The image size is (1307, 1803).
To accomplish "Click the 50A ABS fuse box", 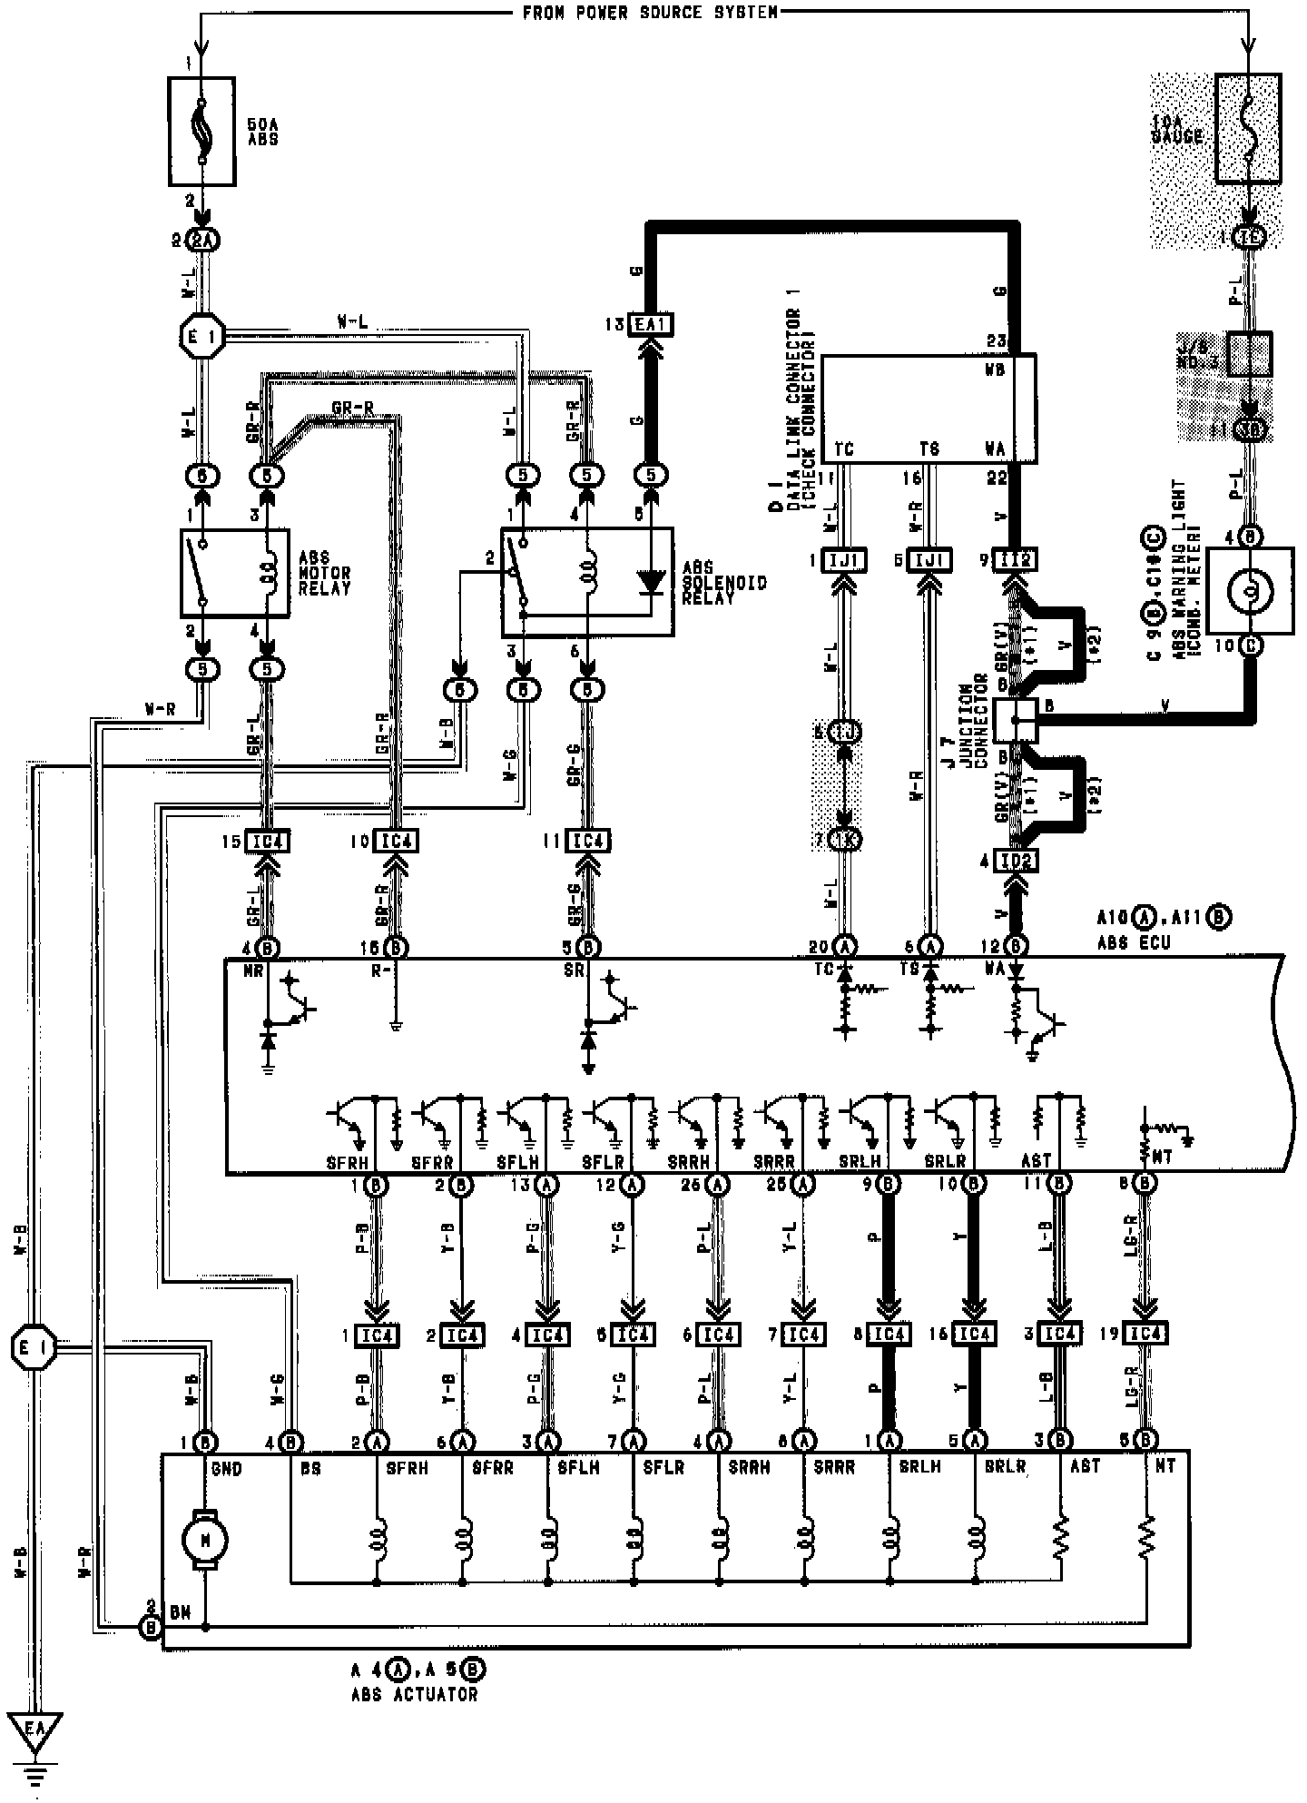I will pos(202,131).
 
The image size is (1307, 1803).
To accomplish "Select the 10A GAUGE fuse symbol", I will pos(1248,129).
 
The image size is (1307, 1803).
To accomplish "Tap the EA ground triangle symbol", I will pos(34,1733).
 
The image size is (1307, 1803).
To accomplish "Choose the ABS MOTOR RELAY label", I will pos(324,573).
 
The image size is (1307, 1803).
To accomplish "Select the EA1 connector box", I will pos(651,324).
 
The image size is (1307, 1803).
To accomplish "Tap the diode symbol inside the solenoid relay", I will pos(650,581).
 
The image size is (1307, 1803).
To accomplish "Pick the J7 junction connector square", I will pos(1016,720).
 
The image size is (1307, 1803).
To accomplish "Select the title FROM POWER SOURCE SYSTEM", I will pos(650,13).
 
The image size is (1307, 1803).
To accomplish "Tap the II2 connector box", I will pos(1016,560).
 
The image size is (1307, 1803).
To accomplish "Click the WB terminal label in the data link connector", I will pos(995,371).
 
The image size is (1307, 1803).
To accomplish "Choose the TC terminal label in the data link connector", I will pos(843,448).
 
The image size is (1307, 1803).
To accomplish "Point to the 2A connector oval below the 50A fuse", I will pos(202,241).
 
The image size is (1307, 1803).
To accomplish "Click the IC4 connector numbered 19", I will pos(1145,1335).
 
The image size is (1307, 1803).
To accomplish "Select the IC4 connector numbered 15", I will pos(268,842).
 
